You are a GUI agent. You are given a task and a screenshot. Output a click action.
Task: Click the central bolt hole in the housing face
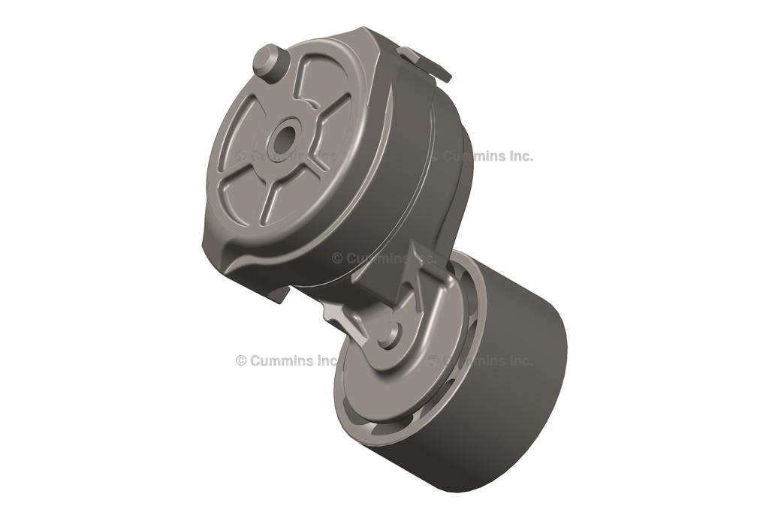tap(285, 139)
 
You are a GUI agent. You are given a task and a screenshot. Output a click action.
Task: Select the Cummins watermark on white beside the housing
tap(484, 156)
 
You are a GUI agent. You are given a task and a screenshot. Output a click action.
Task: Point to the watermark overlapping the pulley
tap(481, 360)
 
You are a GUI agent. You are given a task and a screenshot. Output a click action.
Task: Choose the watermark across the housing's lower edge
tap(383, 258)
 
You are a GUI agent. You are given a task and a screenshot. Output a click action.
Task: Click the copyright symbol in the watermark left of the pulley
tap(241, 360)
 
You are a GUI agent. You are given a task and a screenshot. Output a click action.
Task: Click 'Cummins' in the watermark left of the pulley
tap(282, 360)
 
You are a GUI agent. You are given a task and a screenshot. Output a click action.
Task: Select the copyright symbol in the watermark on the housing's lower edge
tap(337, 258)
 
